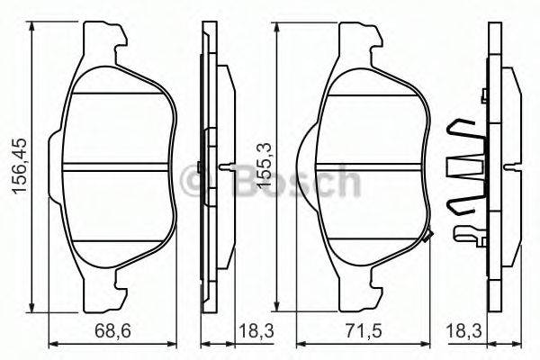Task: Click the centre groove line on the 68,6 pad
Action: (x=117, y=168)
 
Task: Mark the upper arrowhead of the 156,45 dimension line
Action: (x=34, y=29)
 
